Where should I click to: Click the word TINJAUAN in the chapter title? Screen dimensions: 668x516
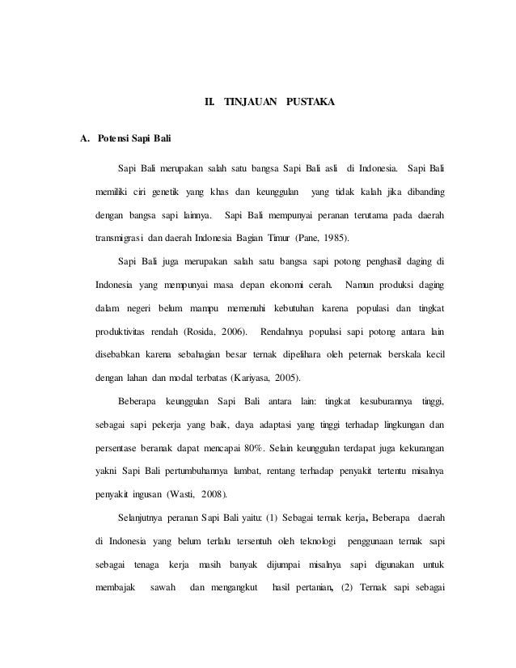click(x=249, y=104)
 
